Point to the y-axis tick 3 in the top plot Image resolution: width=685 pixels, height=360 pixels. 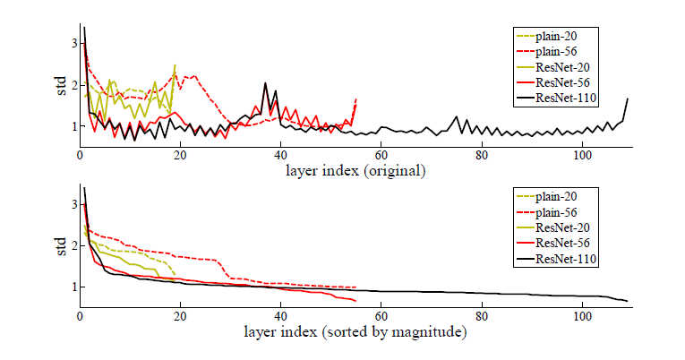pos(73,43)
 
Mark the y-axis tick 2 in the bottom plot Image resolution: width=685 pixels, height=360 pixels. pos(73,245)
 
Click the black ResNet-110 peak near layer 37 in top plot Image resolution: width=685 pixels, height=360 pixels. pos(266,83)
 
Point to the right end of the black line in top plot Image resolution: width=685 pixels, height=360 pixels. pos(628,99)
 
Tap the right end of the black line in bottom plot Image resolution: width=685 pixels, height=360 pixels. pos(628,301)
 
